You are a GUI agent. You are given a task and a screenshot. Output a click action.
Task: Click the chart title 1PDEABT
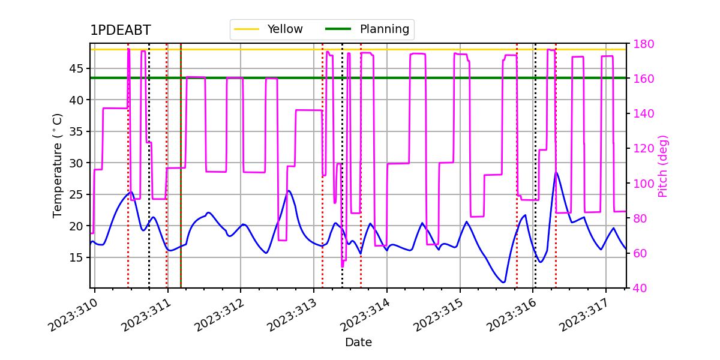(x=121, y=30)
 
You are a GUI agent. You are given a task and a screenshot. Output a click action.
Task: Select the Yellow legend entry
(x=268, y=29)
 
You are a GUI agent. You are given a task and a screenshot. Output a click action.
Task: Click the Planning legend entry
(x=367, y=29)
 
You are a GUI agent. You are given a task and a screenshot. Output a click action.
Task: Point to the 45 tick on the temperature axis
(x=76, y=68)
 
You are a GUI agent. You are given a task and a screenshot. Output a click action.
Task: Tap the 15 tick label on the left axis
(x=76, y=257)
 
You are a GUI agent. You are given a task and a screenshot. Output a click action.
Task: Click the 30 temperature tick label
(x=76, y=163)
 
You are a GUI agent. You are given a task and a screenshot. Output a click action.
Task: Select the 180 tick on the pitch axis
(x=643, y=44)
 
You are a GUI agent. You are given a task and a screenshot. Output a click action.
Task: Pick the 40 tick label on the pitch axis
(x=640, y=288)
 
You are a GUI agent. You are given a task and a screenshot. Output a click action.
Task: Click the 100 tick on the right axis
(x=643, y=184)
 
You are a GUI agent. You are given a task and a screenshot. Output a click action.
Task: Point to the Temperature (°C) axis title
(x=57, y=166)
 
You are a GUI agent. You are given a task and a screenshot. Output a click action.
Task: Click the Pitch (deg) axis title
(x=663, y=166)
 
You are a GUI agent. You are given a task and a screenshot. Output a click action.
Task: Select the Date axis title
(x=358, y=343)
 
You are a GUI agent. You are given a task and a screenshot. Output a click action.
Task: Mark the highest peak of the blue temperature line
(x=556, y=172)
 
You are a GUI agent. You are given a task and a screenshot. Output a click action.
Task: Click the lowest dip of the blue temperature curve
(x=503, y=282)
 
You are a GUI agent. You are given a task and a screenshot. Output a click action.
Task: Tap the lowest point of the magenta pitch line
(x=343, y=266)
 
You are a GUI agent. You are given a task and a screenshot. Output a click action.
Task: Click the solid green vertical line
(x=181, y=166)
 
